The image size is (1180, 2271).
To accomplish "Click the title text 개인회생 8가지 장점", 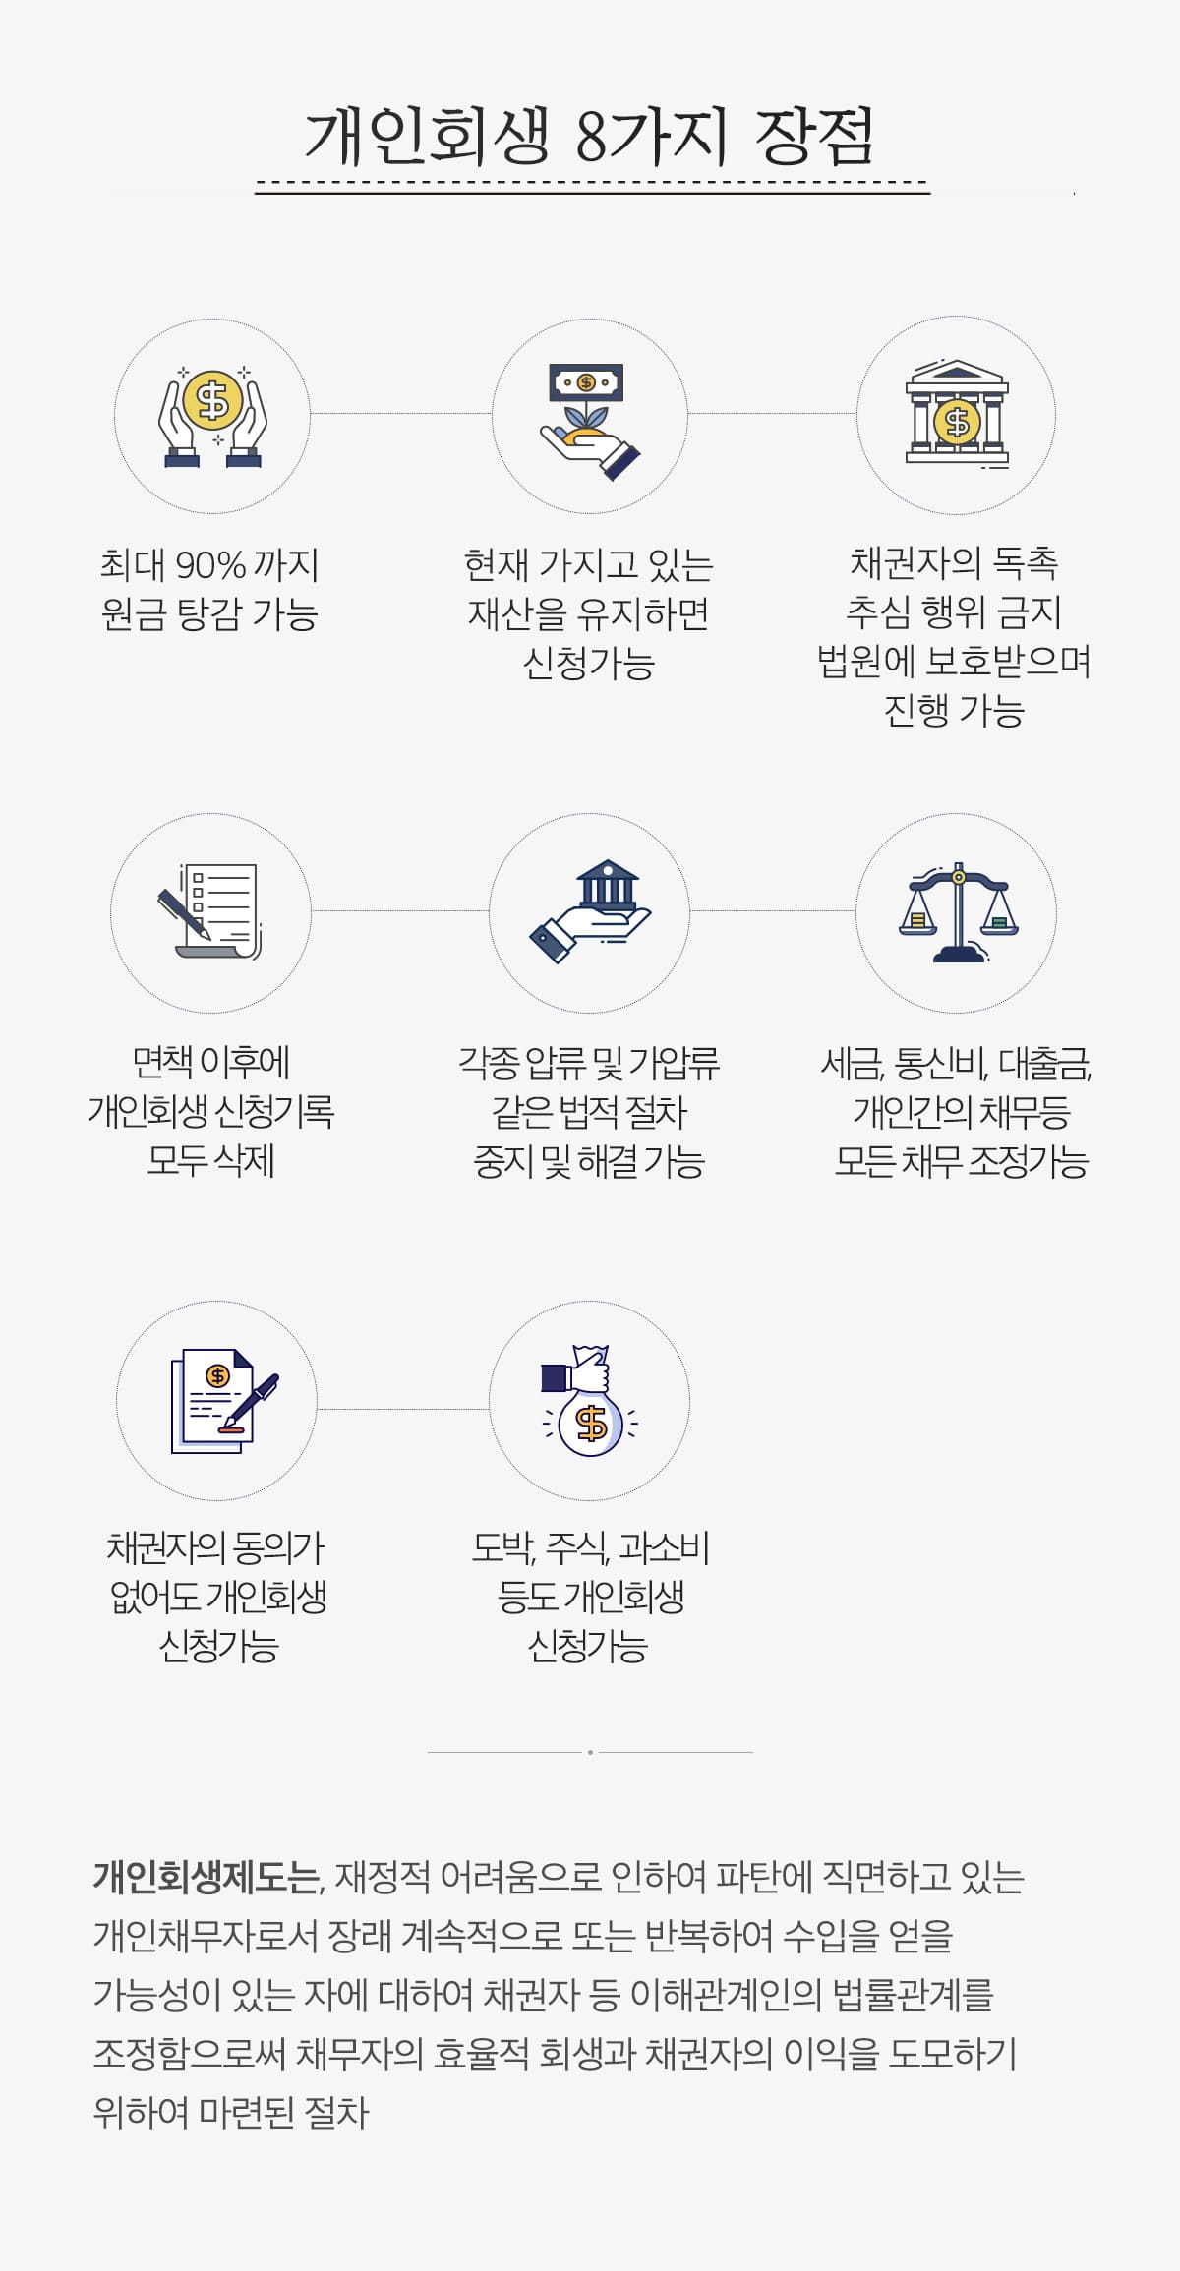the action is [590, 135].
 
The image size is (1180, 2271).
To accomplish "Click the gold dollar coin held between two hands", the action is [212, 399].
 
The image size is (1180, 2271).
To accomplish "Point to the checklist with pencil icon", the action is [208, 911].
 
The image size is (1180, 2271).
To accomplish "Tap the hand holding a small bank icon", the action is [590, 912].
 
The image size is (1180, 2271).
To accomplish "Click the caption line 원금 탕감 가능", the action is [209, 614].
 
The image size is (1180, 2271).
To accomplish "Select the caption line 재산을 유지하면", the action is [588, 614].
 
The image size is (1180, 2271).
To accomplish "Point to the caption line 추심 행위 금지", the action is [954, 612].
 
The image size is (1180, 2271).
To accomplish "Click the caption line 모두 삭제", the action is [210, 1160].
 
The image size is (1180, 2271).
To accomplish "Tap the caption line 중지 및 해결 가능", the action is [589, 1161].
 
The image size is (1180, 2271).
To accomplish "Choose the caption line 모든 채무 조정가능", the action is [961, 1161].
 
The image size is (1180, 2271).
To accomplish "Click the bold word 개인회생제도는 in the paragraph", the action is [207, 1877].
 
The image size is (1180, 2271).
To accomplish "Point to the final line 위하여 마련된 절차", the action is [231, 2113].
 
